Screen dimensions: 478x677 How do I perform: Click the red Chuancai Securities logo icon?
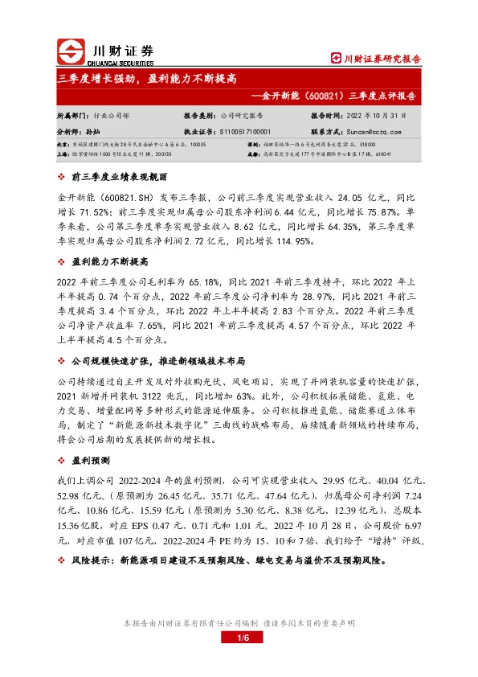[x=71, y=51]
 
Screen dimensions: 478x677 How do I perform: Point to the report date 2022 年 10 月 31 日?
[x=376, y=116]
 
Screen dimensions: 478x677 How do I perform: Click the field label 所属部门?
[x=70, y=116]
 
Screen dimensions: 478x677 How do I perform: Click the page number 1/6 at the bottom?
[x=239, y=638]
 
